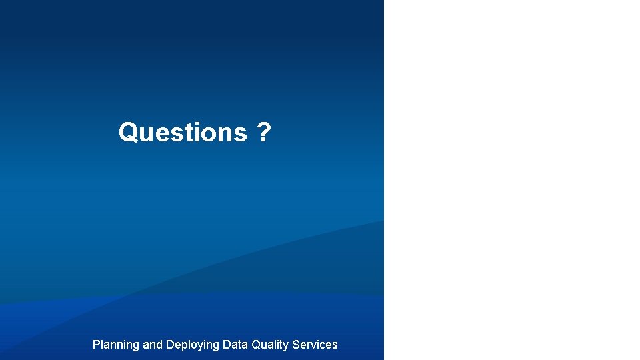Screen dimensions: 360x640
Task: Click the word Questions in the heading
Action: (182, 132)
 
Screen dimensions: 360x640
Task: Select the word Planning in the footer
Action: (115, 345)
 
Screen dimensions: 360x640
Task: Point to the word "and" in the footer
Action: (152, 345)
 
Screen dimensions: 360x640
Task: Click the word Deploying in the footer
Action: (192, 345)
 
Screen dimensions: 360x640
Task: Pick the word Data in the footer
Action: (235, 345)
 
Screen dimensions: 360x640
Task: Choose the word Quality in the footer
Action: (270, 345)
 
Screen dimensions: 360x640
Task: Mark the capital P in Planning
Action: (96, 345)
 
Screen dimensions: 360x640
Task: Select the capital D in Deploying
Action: (169, 345)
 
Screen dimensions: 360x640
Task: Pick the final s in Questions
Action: (241, 133)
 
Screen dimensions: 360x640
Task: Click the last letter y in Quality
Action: (286, 346)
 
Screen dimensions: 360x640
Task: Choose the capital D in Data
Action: (226, 345)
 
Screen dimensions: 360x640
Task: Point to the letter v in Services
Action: (316, 345)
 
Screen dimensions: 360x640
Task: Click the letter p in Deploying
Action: (185, 346)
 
